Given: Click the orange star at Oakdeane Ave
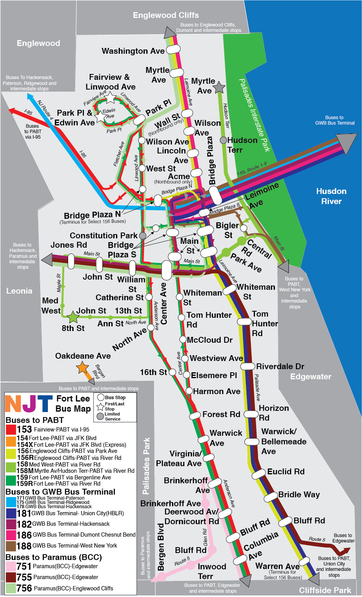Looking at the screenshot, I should tap(82, 367).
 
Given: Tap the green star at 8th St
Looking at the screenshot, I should tap(73, 317).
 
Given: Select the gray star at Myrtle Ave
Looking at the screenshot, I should tap(219, 88).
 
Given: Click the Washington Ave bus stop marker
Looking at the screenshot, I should tap(173, 49).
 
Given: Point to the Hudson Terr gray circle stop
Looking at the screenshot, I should tap(223, 140).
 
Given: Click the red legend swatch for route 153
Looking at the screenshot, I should tap(11, 430).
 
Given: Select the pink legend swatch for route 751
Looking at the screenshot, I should tap(11, 567).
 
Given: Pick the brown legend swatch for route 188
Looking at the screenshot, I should tap(11, 546).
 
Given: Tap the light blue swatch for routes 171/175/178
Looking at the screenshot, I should tap(11, 502).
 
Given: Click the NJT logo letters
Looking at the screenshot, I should tap(29, 403).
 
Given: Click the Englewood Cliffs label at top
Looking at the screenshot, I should tap(166, 15).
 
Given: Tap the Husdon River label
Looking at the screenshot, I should tap(331, 196).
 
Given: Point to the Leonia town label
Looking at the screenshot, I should tap(19, 291).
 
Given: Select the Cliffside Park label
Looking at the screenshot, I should tap(325, 590).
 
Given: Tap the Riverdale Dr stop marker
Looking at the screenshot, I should tap(248, 366).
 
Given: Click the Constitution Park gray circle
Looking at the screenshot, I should tap(143, 236).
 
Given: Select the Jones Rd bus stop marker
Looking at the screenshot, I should tap(71, 261).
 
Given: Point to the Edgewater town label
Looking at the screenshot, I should tap(311, 377).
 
